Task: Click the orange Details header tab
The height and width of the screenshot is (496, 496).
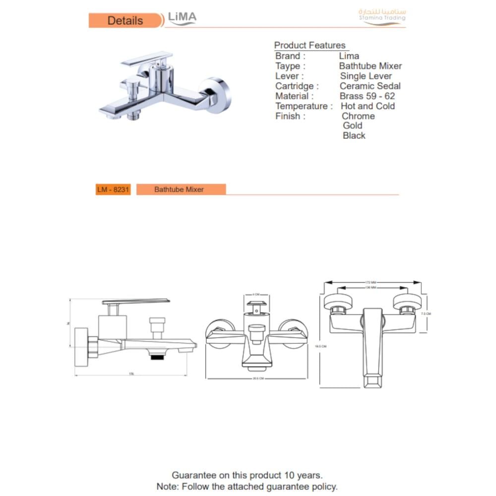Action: [x=125, y=21]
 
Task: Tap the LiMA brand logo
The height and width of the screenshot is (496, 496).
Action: [x=182, y=18]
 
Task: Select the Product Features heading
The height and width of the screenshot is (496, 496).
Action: [x=310, y=46]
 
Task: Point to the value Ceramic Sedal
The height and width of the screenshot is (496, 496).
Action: [x=370, y=86]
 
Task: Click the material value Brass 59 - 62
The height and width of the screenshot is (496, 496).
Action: [x=367, y=96]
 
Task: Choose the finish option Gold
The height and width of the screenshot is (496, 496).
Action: [x=353, y=125]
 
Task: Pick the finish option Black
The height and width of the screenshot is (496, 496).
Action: [x=354, y=135]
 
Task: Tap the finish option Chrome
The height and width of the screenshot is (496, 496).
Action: [x=358, y=116]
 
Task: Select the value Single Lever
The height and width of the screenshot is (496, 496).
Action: [x=366, y=76]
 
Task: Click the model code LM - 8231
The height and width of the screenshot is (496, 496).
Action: [x=113, y=189]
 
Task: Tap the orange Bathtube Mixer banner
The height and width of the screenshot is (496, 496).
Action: [x=179, y=189]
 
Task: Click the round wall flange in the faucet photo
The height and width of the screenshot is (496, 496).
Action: [x=219, y=95]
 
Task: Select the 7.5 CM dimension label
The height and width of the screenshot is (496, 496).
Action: [x=426, y=314]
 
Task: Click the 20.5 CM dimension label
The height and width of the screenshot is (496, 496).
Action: [x=257, y=378]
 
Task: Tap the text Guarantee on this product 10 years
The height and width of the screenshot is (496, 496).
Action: [x=247, y=476]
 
